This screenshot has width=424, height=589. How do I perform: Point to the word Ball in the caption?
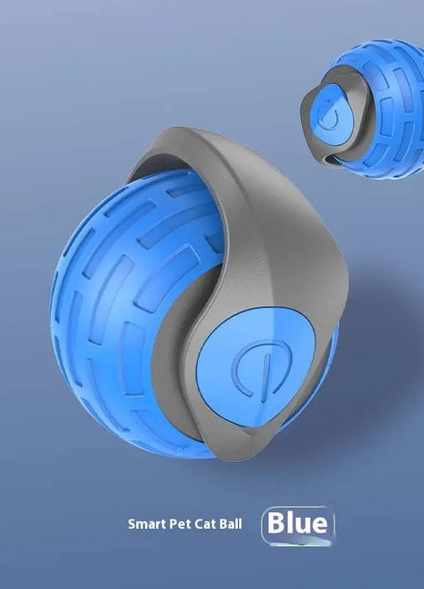point(231,523)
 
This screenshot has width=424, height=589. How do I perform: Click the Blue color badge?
point(298,525)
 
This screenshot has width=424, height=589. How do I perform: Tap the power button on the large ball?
point(256,367)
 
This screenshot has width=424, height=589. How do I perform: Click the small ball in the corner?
point(363,109)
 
